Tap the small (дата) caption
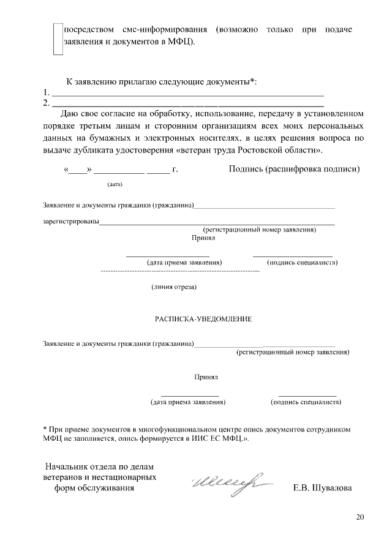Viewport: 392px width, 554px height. [115, 184]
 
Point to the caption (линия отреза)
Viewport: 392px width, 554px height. [173, 286]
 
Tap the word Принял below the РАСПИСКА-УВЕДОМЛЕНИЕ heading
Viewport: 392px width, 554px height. [206, 378]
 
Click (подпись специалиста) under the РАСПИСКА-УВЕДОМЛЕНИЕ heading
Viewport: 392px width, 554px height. [306, 402]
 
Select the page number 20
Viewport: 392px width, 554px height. [360, 518]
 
